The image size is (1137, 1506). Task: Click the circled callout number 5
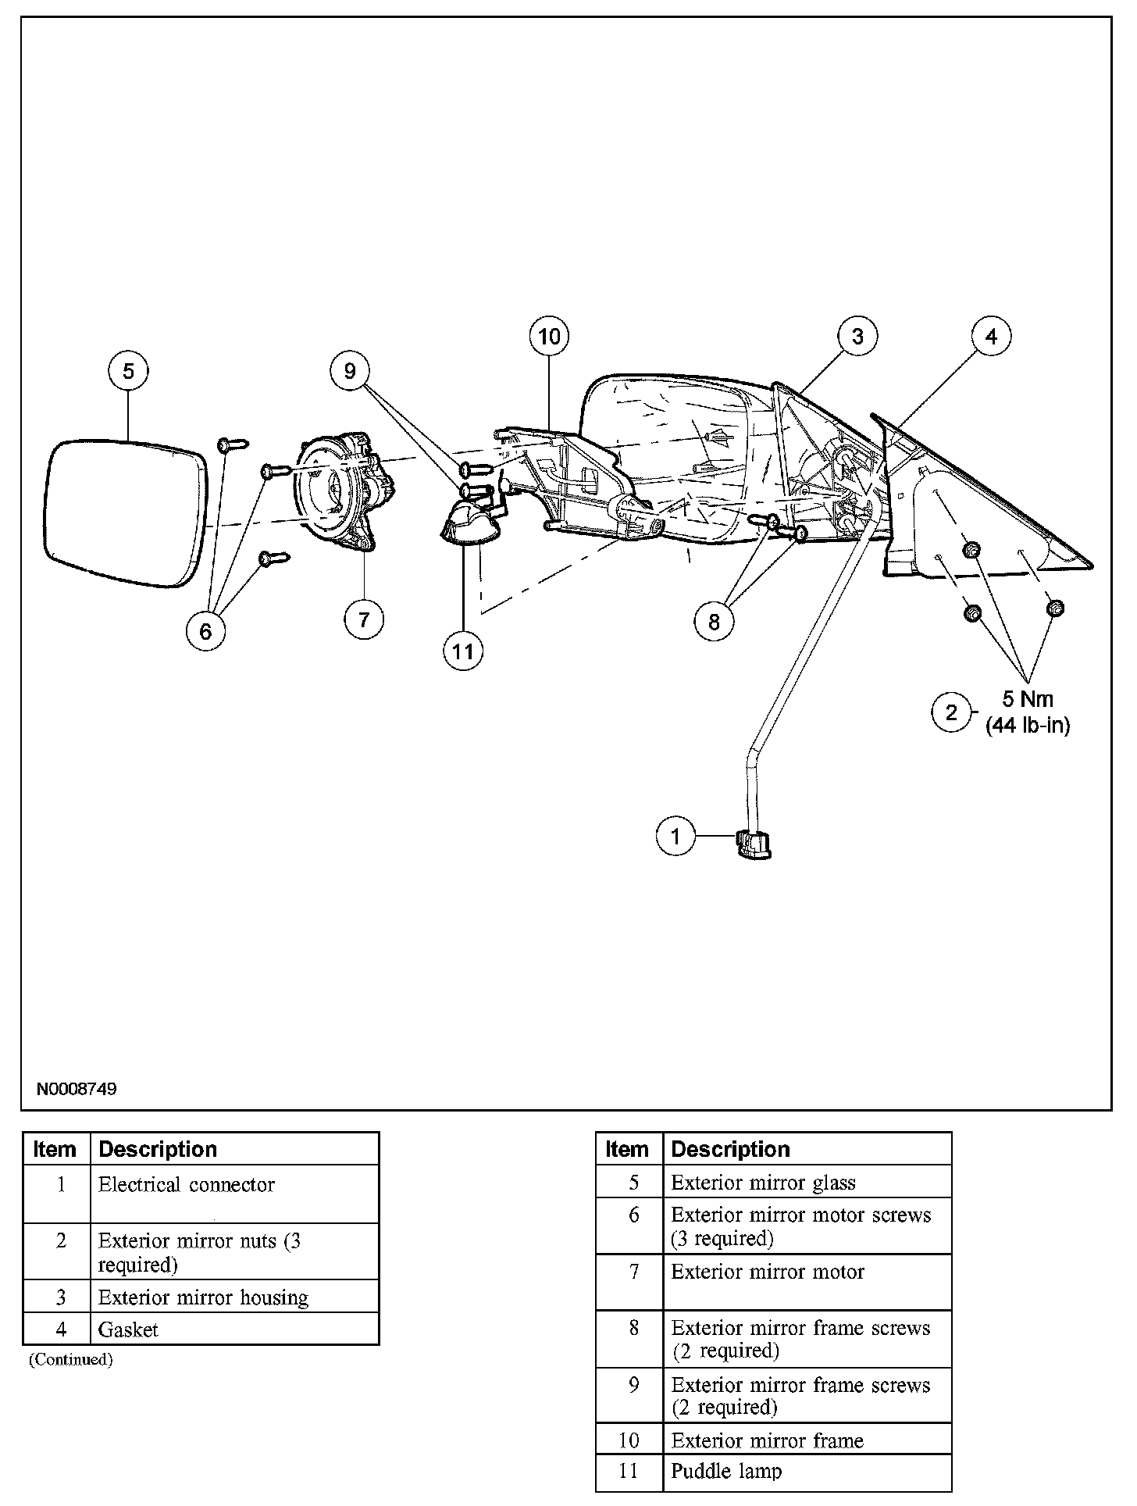pos(129,370)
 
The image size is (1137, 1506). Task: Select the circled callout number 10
pos(549,337)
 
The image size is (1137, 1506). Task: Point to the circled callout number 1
pos(675,837)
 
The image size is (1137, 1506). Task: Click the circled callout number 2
pos(951,712)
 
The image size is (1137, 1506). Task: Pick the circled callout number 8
pos(714,622)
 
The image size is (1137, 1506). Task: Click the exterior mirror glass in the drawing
pos(125,513)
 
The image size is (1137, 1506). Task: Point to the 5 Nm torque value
pos(1028,699)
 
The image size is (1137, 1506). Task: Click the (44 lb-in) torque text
pos(1028,726)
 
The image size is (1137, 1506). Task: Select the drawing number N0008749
pos(76,1089)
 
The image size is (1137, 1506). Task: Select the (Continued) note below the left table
pos(71,1360)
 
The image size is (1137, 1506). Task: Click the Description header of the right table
pos(730,1149)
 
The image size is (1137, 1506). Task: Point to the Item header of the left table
pos(55,1150)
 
